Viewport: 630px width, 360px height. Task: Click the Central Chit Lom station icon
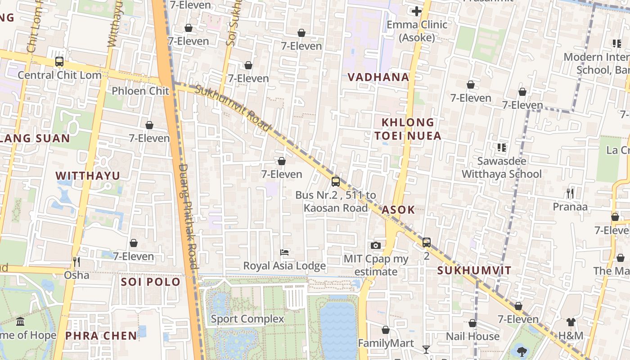pyautogui.click(x=59, y=62)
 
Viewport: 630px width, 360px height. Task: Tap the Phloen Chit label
pyautogui.click(x=140, y=91)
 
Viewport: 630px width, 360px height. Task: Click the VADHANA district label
pyautogui.click(x=378, y=77)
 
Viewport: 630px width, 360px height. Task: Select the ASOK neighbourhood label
pyautogui.click(x=398, y=210)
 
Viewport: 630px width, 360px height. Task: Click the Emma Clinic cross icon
pyautogui.click(x=417, y=11)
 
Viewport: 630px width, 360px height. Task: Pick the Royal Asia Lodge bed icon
pyautogui.click(x=284, y=252)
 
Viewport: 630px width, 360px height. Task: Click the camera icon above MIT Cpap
pyautogui.click(x=376, y=245)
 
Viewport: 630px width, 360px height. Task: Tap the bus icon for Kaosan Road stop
pyautogui.click(x=336, y=182)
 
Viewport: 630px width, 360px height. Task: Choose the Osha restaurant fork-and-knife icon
pyautogui.click(x=76, y=261)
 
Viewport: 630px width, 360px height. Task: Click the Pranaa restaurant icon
pyautogui.click(x=570, y=193)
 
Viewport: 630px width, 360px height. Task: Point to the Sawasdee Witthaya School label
pyautogui.click(x=502, y=167)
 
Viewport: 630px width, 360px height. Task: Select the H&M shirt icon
pyautogui.click(x=571, y=322)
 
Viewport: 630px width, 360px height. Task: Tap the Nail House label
pyautogui.click(x=472, y=336)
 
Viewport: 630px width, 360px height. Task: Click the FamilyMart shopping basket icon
pyautogui.click(x=386, y=330)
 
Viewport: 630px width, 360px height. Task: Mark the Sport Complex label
pyautogui.click(x=247, y=319)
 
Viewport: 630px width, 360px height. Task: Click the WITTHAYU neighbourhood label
pyautogui.click(x=88, y=175)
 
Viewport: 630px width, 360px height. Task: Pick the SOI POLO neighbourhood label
pyautogui.click(x=151, y=282)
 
